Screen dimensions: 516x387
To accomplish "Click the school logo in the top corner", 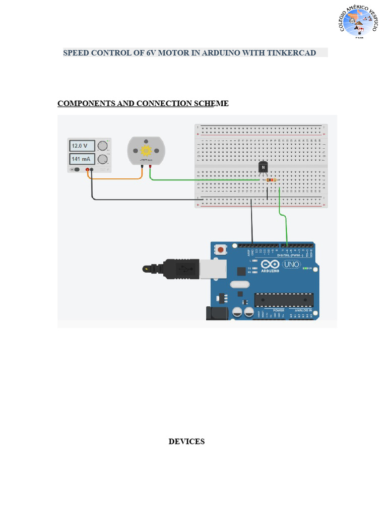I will [358, 22].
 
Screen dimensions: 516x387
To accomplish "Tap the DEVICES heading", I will [186, 441].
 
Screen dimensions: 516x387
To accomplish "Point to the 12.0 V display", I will [82, 146].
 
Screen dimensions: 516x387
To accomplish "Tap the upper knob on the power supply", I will [103, 146].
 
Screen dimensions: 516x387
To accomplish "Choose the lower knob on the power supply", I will [103, 160].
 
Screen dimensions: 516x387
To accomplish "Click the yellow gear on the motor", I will [146, 150].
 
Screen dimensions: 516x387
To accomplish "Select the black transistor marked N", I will [263, 167].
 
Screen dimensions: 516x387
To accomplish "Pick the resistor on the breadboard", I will [271, 180].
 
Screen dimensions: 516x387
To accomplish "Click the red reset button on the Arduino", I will [220, 249].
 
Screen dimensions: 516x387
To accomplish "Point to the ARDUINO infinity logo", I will [270, 265].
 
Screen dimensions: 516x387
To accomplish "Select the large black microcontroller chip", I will [283, 300].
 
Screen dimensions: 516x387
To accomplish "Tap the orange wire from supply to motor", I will [116, 178].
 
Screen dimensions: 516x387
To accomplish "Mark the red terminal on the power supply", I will [87, 170].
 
